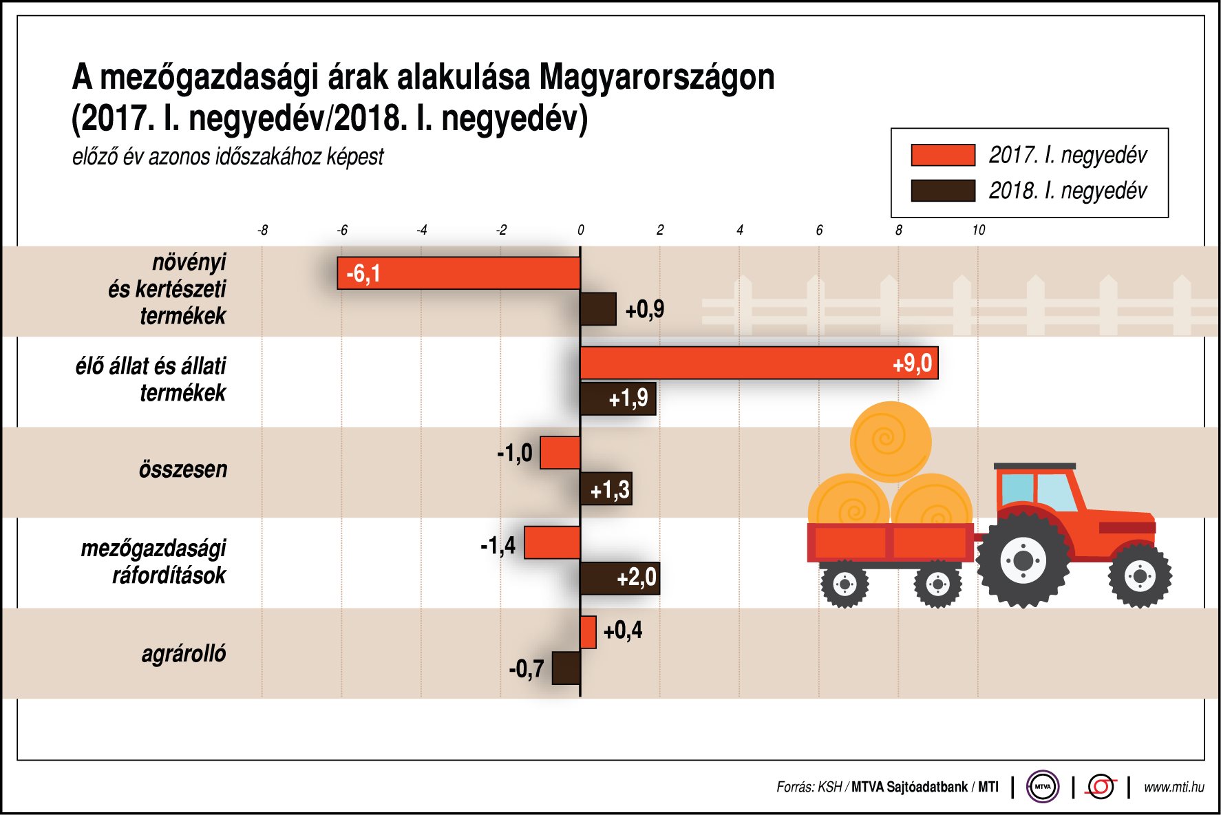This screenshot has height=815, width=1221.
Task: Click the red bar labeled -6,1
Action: [459, 273]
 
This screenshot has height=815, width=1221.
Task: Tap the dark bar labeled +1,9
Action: [617, 399]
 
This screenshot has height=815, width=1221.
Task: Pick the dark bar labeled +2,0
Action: [619, 578]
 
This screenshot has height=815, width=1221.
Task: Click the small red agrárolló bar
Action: [588, 632]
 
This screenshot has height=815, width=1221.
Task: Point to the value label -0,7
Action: [527, 668]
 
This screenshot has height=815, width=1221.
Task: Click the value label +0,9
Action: [645, 310]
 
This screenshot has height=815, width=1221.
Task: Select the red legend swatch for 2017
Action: [942, 155]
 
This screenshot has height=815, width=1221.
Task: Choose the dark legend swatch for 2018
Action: [942, 191]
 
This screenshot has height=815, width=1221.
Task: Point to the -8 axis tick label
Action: [262, 230]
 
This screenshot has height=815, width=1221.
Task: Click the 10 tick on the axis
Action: [978, 230]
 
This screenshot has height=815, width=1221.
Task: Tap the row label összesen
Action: [183, 469]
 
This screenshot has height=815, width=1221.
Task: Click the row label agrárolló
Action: [184, 653]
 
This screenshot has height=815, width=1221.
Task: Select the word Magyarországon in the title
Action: [657, 77]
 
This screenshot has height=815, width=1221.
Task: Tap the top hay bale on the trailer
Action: [891, 441]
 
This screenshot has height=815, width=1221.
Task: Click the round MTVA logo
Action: [1043, 786]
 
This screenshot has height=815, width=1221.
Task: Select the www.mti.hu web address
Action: [1174, 787]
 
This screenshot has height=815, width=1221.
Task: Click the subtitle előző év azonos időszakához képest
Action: [228, 157]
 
